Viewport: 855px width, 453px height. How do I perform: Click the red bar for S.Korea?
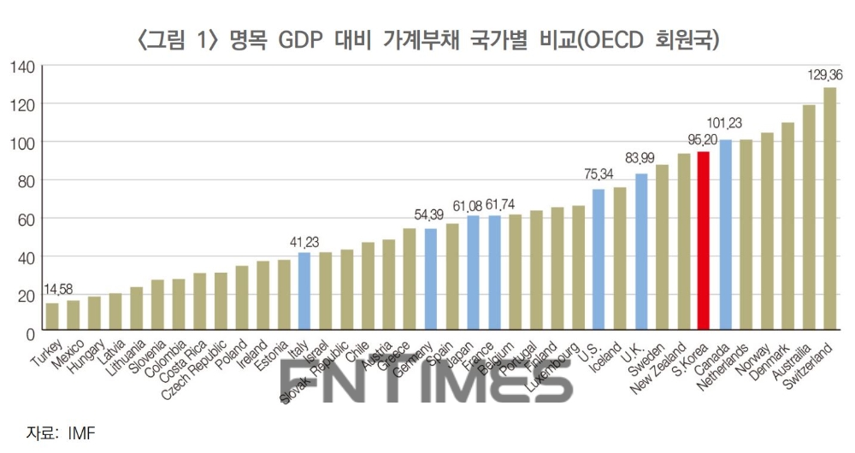pos(704,241)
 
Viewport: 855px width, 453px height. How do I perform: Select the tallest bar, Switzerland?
pos(829,209)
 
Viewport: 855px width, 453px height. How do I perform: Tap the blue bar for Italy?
pos(304,291)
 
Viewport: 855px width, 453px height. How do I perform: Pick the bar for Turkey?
pos(52,316)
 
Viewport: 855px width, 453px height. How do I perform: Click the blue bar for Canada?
pos(725,235)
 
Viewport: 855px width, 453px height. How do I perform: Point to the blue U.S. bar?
pos(598,260)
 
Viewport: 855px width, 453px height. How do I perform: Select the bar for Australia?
pos(808,218)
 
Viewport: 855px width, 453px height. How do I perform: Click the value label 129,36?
pos(824,75)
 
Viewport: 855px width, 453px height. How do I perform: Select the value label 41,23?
pos(304,241)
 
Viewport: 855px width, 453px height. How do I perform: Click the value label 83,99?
pos(640,158)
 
